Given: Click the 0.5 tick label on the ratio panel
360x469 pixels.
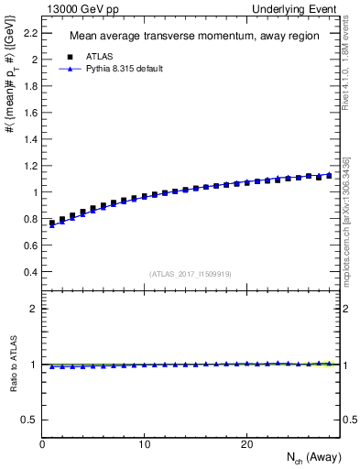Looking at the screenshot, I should [x=28, y=420].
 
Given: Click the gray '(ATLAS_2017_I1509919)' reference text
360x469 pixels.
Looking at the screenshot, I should [x=190, y=273].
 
